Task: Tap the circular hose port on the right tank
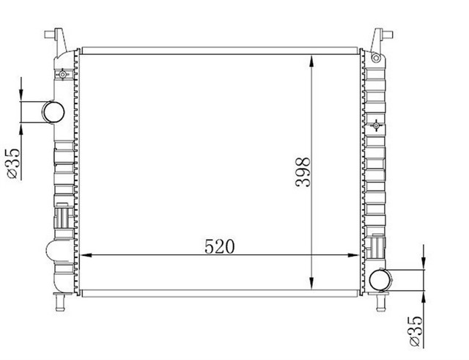click(380, 279)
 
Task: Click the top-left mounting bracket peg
click(56, 35)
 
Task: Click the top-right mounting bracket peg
click(381, 35)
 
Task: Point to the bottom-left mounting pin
click(59, 300)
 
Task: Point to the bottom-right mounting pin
click(381, 300)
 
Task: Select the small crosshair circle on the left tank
click(64, 74)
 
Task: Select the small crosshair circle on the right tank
click(377, 125)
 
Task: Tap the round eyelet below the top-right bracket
click(376, 58)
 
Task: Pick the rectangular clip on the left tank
click(62, 219)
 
